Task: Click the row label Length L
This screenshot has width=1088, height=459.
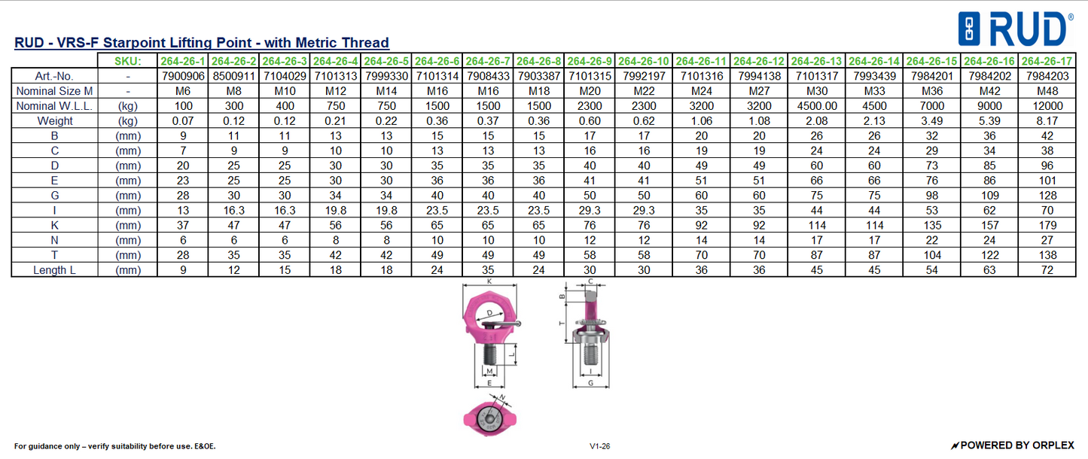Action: [53, 270]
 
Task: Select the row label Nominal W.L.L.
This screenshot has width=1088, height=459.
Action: [53, 106]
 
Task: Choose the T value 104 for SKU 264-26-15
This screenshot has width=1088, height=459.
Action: [932, 255]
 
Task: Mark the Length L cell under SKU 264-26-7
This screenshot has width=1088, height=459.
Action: [488, 270]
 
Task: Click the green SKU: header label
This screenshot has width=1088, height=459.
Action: [127, 61]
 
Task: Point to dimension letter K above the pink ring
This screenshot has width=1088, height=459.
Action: [489, 281]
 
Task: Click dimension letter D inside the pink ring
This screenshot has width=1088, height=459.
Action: [490, 312]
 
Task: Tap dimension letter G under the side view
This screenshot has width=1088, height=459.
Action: [590, 382]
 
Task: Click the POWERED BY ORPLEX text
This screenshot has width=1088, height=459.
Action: [1013, 445]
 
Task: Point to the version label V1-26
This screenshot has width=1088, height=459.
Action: [600, 446]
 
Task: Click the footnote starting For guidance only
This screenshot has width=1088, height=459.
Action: [114, 446]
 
